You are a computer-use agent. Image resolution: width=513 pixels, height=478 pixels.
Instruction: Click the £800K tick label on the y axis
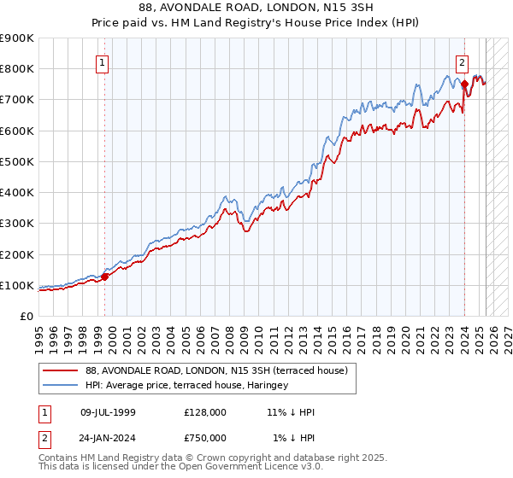pos(17,69)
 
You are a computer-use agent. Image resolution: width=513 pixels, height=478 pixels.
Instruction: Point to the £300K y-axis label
pos(17,224)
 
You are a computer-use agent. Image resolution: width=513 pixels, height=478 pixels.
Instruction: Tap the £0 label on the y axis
pos(27,317)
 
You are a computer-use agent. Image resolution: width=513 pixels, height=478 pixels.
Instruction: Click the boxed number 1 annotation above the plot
pos(102,61)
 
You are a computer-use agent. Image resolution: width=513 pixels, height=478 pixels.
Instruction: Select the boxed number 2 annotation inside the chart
pos(462,61)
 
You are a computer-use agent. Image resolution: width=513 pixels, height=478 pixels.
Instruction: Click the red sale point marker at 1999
pos(105,277)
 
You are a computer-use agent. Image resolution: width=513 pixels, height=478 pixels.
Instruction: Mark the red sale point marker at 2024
pos(464,85)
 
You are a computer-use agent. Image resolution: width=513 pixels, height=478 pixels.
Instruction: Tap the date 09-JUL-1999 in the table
pos(108,412)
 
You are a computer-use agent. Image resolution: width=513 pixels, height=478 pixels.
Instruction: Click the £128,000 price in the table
pos(204,412)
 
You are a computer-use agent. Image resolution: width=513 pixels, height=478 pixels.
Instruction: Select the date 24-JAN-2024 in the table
pos(108,438)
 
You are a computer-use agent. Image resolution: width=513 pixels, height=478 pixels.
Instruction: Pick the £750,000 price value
pos(204,438)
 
